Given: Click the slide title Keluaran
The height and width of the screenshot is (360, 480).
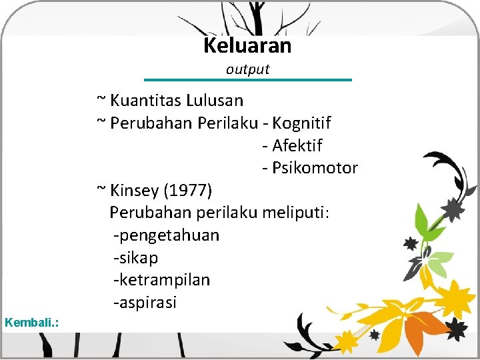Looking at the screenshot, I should click(247, 46).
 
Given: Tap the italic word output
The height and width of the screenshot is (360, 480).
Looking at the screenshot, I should click(247, 69).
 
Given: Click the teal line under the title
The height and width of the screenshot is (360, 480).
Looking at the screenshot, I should click(247, 80).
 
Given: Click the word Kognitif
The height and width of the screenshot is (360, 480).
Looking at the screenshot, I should click(301, 123).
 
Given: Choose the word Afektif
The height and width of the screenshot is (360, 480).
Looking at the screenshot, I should click(297, 145).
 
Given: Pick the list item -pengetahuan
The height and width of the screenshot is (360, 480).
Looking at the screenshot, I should click(167, 235).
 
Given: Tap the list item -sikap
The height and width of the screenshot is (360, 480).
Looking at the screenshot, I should click(136, 258).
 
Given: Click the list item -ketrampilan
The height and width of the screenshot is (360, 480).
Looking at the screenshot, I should click(162, 280).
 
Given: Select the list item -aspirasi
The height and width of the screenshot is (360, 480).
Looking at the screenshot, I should click(145, 303).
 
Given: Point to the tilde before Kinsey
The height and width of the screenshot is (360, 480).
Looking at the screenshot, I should click(101, 189).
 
